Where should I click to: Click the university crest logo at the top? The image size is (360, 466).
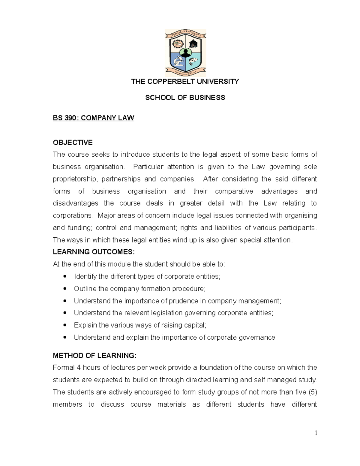[185, 53]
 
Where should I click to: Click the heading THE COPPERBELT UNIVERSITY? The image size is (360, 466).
[185, 82]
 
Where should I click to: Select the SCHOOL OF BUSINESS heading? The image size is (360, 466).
[185, 98]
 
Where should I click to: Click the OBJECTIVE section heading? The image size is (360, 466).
[73, 142]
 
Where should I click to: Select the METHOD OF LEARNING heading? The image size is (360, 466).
[94, 356]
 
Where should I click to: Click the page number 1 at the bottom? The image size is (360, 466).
[316, 433]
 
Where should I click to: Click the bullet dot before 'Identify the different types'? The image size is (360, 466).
[65, 276]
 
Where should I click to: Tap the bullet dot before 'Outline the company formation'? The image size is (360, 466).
[65, 289]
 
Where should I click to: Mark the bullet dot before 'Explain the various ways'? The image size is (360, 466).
[65, 325]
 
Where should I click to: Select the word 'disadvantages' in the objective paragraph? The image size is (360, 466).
[75, 203]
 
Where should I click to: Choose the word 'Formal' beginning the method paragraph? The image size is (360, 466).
[64, 368]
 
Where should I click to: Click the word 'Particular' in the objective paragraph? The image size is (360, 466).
[148, 167]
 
